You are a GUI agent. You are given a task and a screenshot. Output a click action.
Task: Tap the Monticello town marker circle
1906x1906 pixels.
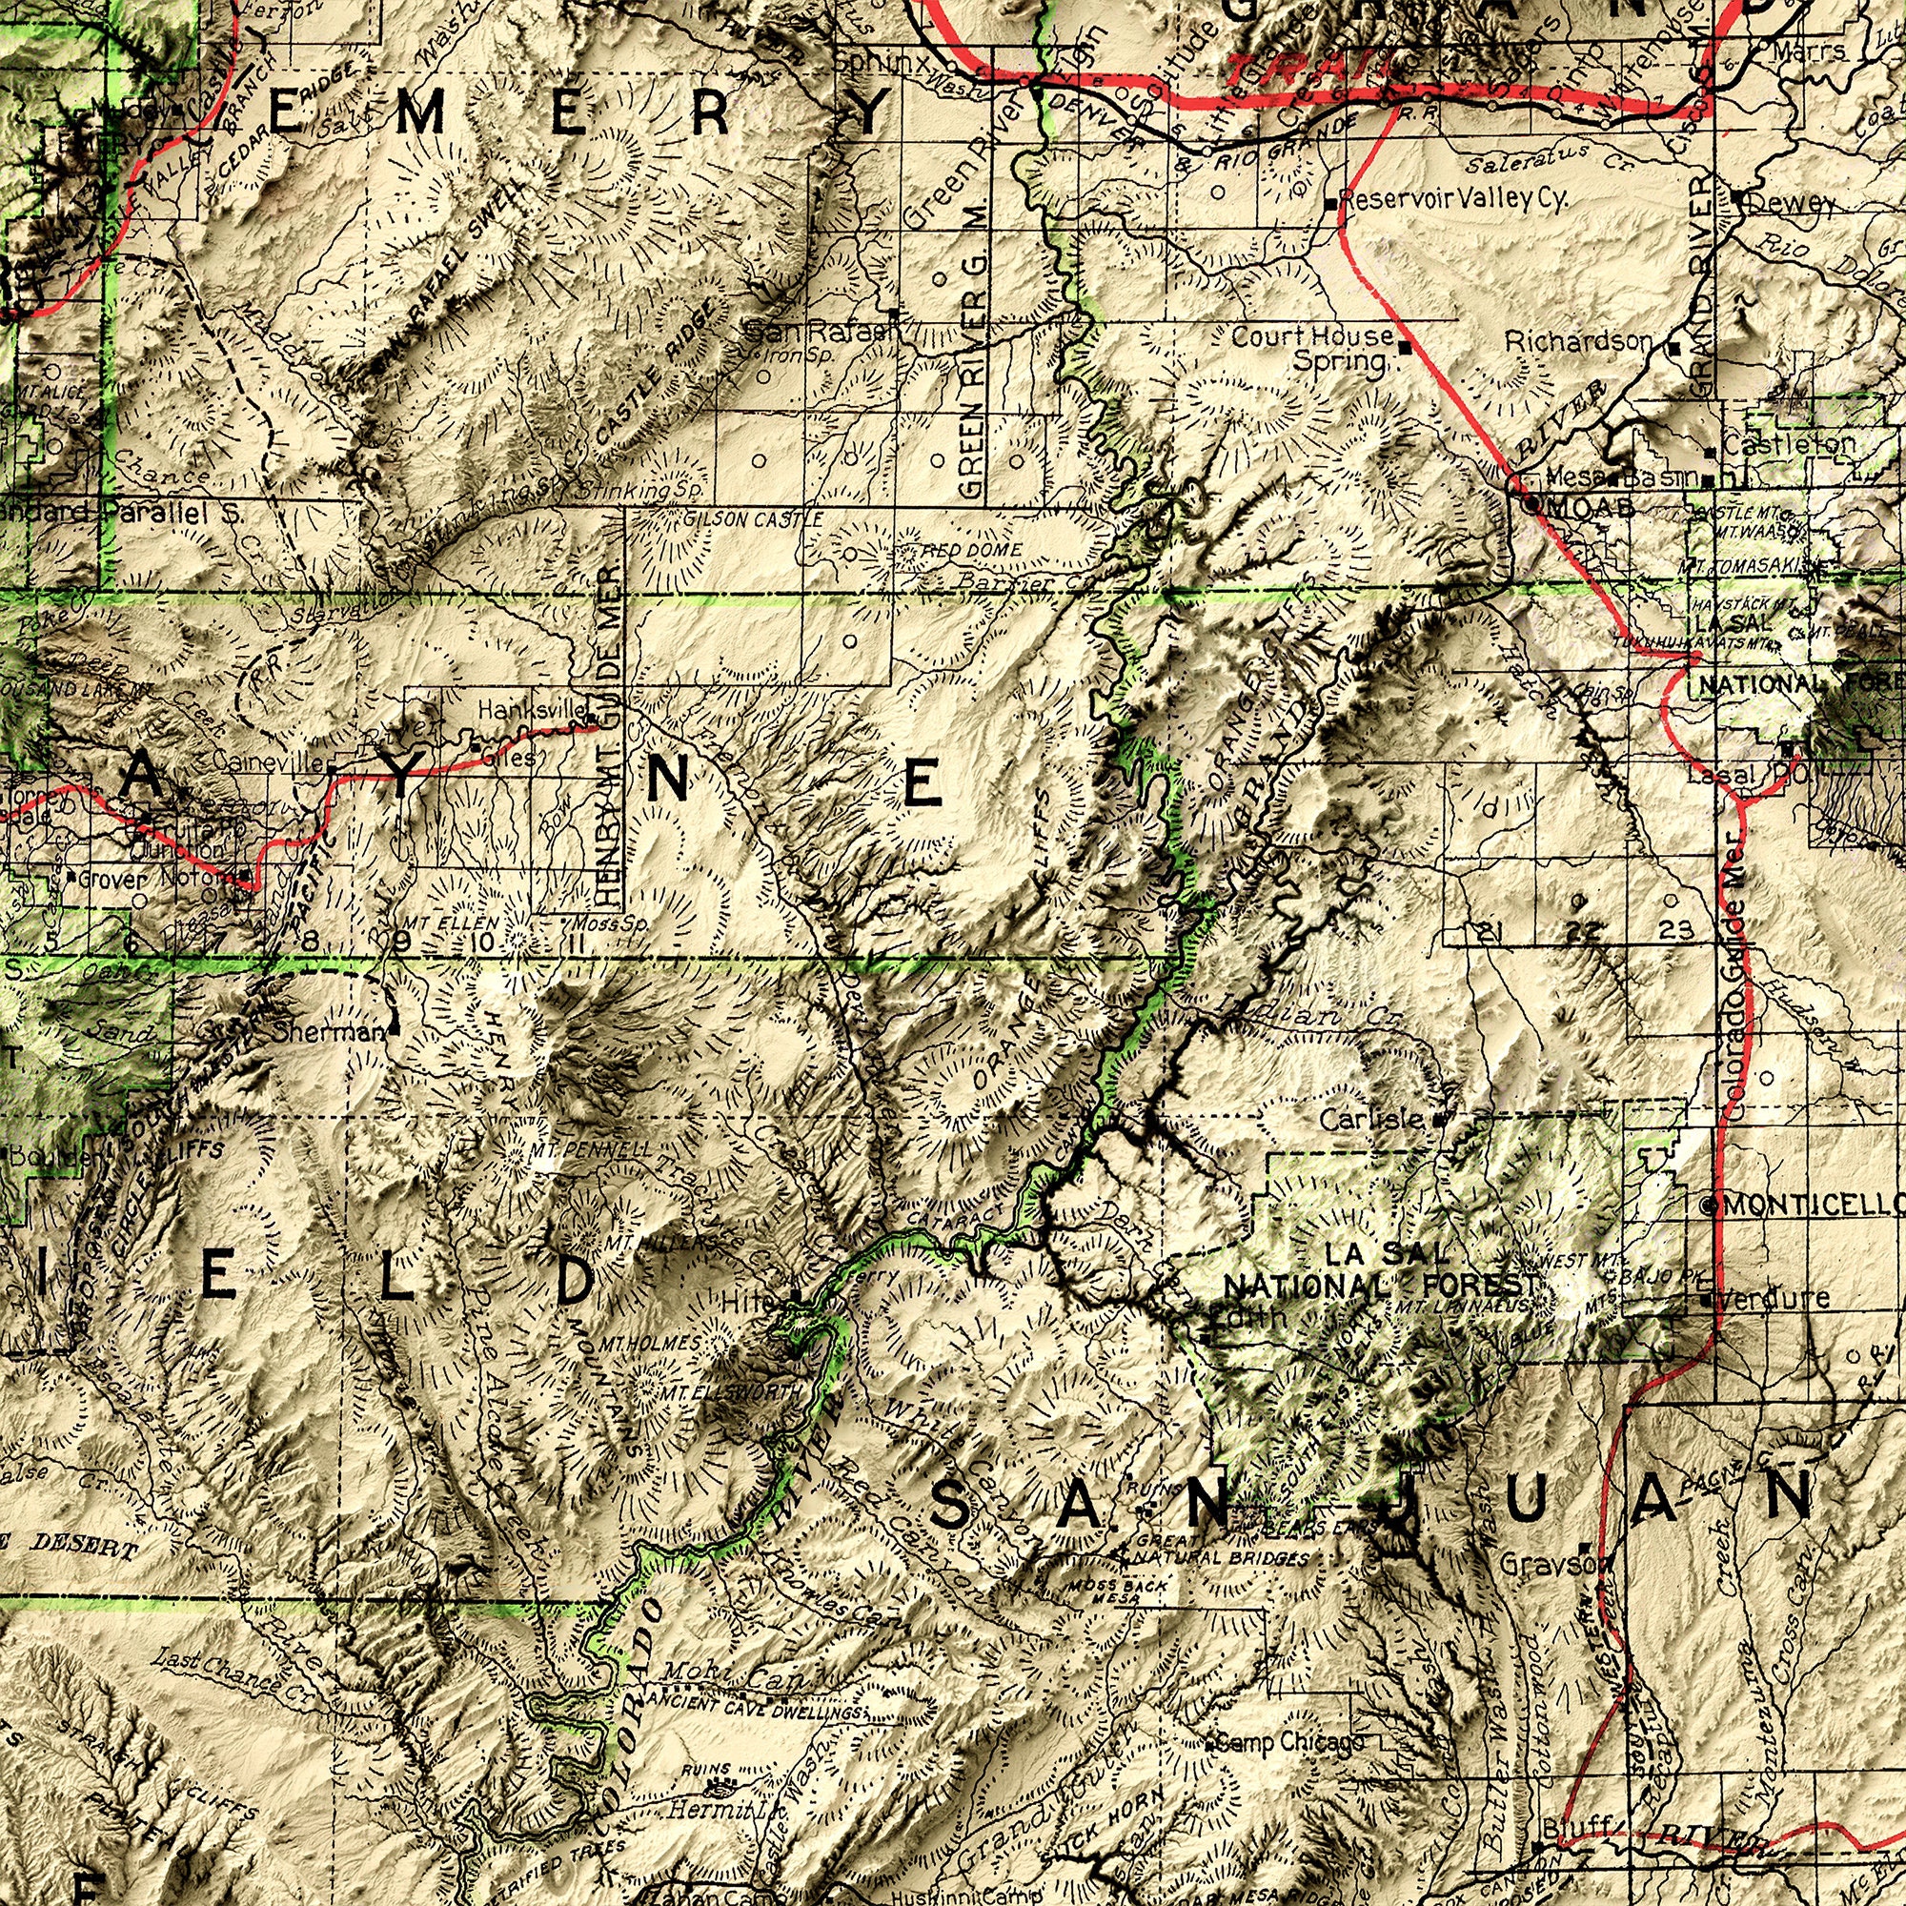[x=1710, y=1205]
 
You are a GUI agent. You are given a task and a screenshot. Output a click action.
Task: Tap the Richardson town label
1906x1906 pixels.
[x=1578, y=342]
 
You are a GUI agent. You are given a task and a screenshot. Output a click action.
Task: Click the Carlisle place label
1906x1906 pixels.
[x=1370, y=1120]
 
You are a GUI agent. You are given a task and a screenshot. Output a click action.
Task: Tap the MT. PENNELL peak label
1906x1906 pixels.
[x=589, y=1150]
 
